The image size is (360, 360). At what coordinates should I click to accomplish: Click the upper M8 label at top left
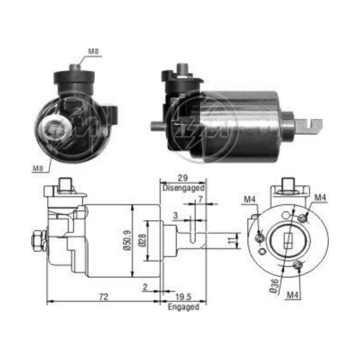point(93,51)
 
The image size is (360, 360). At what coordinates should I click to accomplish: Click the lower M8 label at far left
point(37,169)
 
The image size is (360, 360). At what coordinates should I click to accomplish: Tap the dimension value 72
point(104,297)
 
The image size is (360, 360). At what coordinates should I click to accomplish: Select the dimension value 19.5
point(184,297)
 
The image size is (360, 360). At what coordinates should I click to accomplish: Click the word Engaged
point(183,307)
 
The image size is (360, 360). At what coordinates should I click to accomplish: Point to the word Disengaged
point(184,187)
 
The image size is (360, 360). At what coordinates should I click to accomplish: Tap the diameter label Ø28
point(141,241)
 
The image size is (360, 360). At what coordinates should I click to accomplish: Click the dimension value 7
point(201,199)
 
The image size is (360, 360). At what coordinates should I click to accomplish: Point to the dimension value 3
point(175,216)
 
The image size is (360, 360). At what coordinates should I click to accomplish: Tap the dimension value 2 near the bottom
point(145,287)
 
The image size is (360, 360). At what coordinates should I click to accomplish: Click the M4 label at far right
point(320,197)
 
